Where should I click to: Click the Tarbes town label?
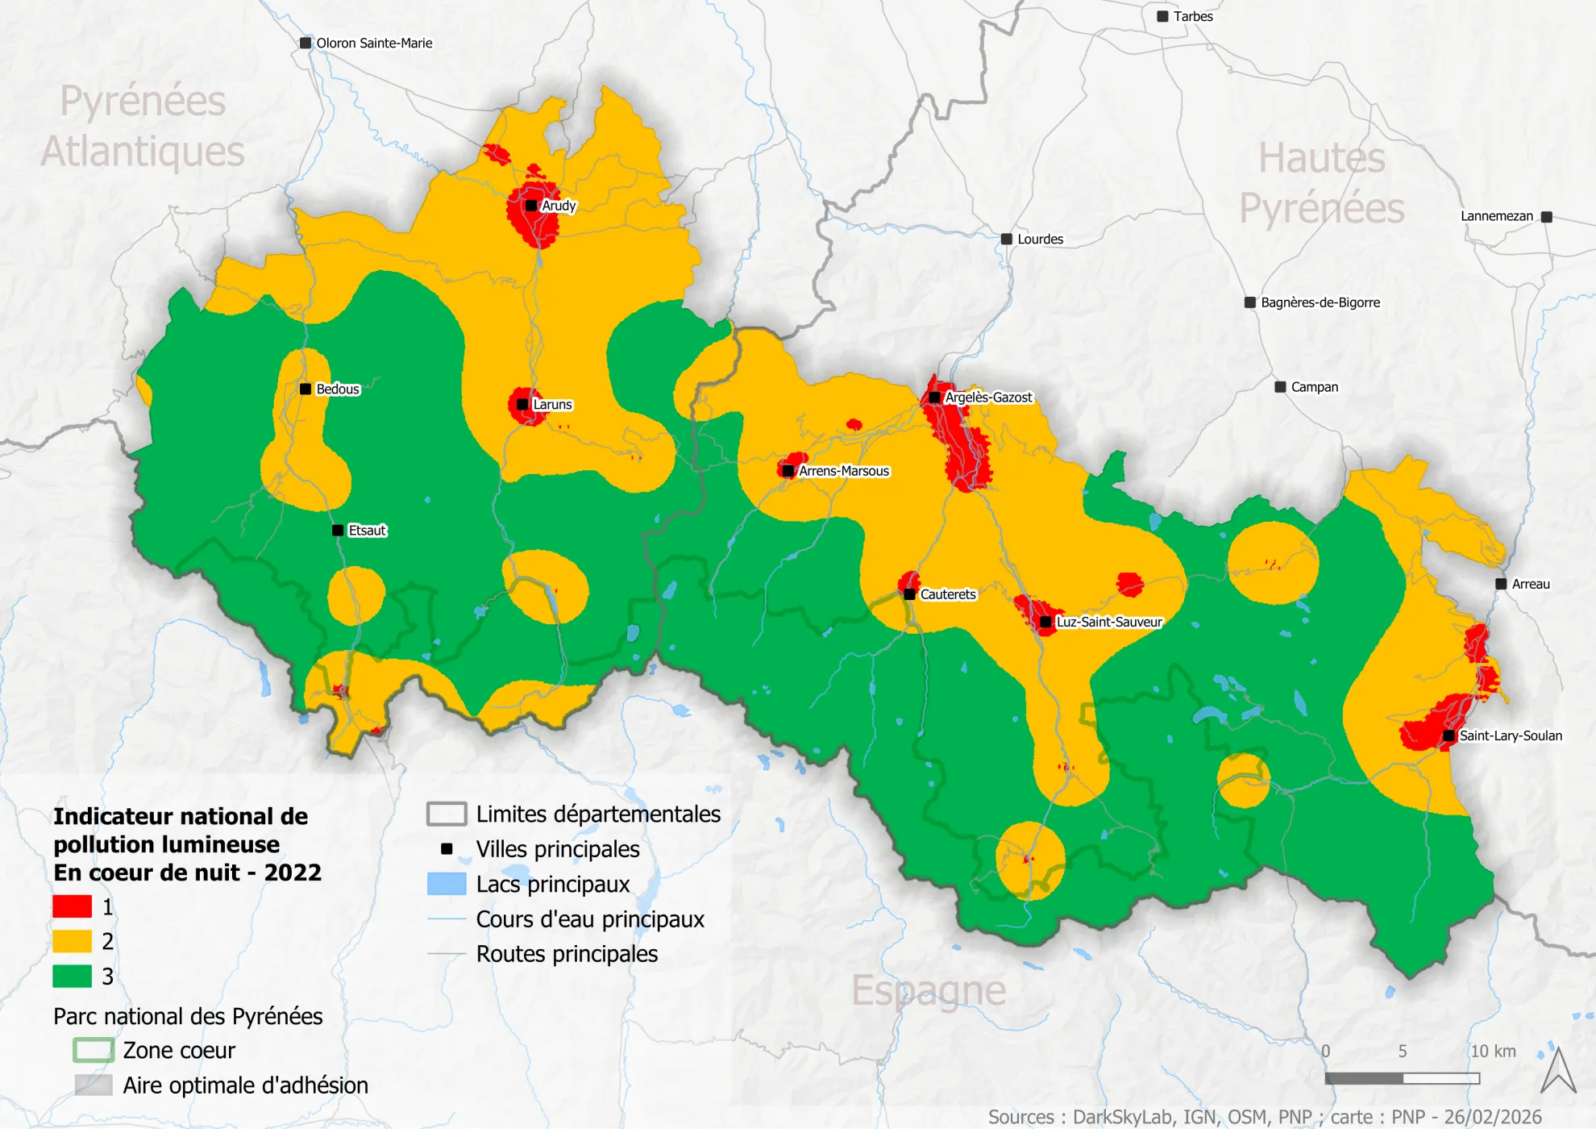coord(1192,17)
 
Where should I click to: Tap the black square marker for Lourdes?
coord(1007,239)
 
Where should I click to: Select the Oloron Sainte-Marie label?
coord(374,44)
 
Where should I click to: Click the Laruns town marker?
coord(522,404)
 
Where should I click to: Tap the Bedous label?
coord(337,390)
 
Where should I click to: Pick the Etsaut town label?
coord(367,531)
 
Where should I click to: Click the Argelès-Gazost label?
coord(988,398)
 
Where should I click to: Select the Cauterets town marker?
coord(909,594)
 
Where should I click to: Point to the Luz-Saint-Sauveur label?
coord(1109,622)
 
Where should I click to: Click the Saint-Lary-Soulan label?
coord(1511,735)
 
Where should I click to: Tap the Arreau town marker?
coord(1501,584)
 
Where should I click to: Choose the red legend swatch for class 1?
coord(72,906)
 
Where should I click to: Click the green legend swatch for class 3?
coord(72,976)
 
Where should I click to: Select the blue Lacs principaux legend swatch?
coord(447,884)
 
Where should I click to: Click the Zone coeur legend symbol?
coord(93,1050)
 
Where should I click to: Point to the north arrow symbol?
coord(1557,1071)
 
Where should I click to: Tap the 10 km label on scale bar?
coord(1493,1052)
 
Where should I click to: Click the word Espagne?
coord(929,990)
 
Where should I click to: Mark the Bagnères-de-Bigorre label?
coord(1320,302)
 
